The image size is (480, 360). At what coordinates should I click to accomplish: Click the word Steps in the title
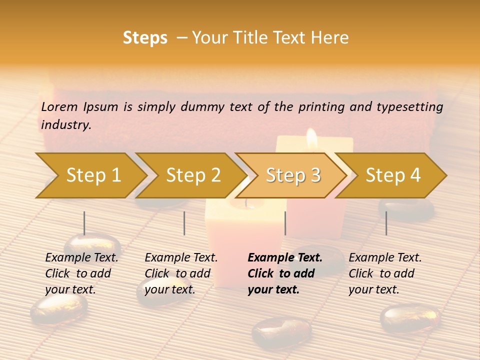pyautogui.click(x=145, y=38)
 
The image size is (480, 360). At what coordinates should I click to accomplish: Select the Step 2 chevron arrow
pyautogui.click(x=193, y=175)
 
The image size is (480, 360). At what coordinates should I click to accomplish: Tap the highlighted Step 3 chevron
pyautogui.click(x=293, y=175)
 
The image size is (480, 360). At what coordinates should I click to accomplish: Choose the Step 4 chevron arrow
pyautogui.click(x=393, y=175)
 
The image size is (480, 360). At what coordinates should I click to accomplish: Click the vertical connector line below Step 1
pyautogui.click(x=84, y=223)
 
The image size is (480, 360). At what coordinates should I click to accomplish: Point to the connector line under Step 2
pyautogui.click(x=184, y=223)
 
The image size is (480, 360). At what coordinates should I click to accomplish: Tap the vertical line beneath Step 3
pyautogui.click(x=285, y=223)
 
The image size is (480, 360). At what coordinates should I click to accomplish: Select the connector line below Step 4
pyautogui.click(x=386, y=223)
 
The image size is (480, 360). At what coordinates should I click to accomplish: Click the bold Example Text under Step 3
pyautogui.click(x=285, y=273)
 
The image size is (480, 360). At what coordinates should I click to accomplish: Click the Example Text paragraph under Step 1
pyautogui.click(x=81, y=273)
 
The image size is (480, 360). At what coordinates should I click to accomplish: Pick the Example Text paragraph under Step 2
pyautogui.click(x=181, y=273)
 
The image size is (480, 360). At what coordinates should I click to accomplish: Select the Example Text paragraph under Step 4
pyautogui.click(x=385, y=273)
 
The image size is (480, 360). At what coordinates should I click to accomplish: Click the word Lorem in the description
pyautogui.click(x=59, y=107)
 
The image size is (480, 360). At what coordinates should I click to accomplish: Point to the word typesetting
pyautogui.click(x=409, y=107)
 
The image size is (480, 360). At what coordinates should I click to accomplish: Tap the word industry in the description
pyautogui.click(x=66, y=125)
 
